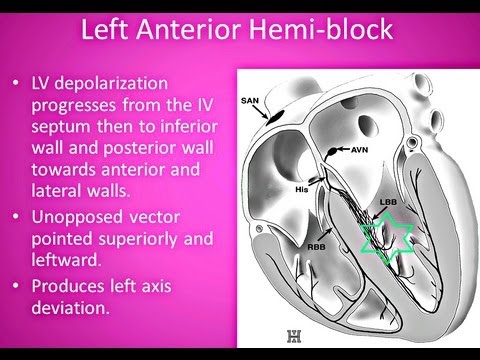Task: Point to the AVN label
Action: pyautogui.click(x=360, y=149)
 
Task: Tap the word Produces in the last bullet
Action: pyautogui.click(x=74, y=289)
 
